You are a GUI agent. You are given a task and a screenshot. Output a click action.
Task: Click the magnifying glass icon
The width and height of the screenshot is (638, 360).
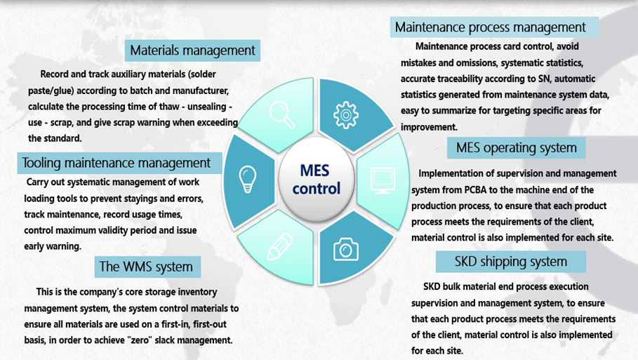(x=282, y=114)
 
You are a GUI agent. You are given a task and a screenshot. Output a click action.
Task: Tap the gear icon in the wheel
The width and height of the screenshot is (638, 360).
(x=346, y=115)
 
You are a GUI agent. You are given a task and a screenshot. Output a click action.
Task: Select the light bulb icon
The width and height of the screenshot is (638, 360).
(x=247, y=179)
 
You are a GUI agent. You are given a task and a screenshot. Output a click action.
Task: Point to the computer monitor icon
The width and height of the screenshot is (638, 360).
(x=383, y=180)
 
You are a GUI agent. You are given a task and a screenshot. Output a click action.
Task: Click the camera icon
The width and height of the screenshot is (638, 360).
(x=346, y=248)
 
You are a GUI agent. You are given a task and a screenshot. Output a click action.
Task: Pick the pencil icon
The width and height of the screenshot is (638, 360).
(x=280, y=246)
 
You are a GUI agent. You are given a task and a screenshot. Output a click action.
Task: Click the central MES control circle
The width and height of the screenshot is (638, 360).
(x=316, y=180)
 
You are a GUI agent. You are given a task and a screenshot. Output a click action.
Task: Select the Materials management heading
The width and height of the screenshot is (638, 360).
(x=192, y=51)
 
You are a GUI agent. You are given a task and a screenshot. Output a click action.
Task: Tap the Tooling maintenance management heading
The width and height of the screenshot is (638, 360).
(x=117, y=163)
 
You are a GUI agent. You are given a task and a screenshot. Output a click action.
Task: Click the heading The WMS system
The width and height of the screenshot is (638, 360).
(x=146, y=267)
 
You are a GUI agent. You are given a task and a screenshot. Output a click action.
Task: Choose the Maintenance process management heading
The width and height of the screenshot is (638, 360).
(x=490, y=27)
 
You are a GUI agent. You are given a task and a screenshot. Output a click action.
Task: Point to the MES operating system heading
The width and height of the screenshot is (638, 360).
(x=516, y=147)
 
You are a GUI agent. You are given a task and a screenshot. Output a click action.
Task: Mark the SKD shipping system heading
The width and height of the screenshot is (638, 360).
(x=511, y=262)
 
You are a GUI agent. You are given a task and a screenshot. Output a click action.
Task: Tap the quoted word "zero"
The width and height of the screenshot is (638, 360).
(x=139, y=340)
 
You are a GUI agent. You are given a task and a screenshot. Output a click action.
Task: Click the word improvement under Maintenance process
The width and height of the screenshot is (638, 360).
(x=429, y=127)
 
